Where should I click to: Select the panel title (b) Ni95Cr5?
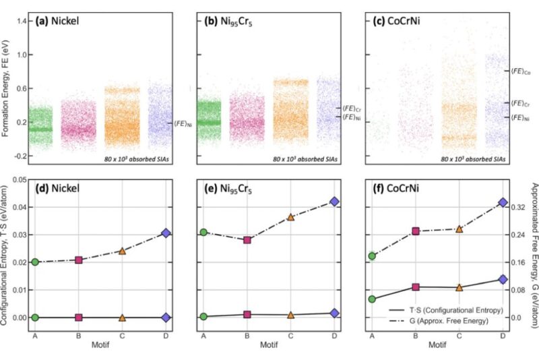pyautogui.click(x=227, y=21)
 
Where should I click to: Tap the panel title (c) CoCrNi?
pyautogui.click(x=396, y=21)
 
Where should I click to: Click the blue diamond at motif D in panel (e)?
pyautogui.click(x=335, y=202)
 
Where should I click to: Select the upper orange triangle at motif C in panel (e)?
pyautogui.click(x=291, y=217)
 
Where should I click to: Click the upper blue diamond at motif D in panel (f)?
pyautogui.click(x=501, y=202)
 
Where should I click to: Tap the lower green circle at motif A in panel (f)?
pyautogui.click(x=373, y=299)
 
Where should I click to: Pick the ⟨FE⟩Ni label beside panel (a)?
pyautogui.click(x=182, y=123)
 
